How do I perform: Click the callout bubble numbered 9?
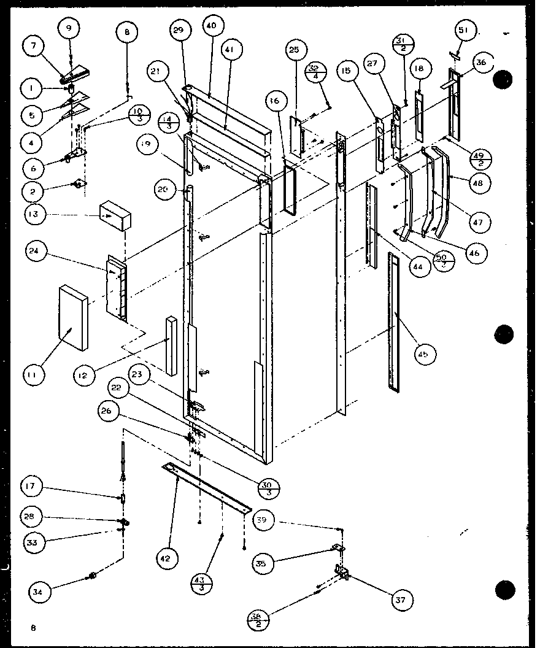click(69, 28)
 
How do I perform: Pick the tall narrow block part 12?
click(171, 345)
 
